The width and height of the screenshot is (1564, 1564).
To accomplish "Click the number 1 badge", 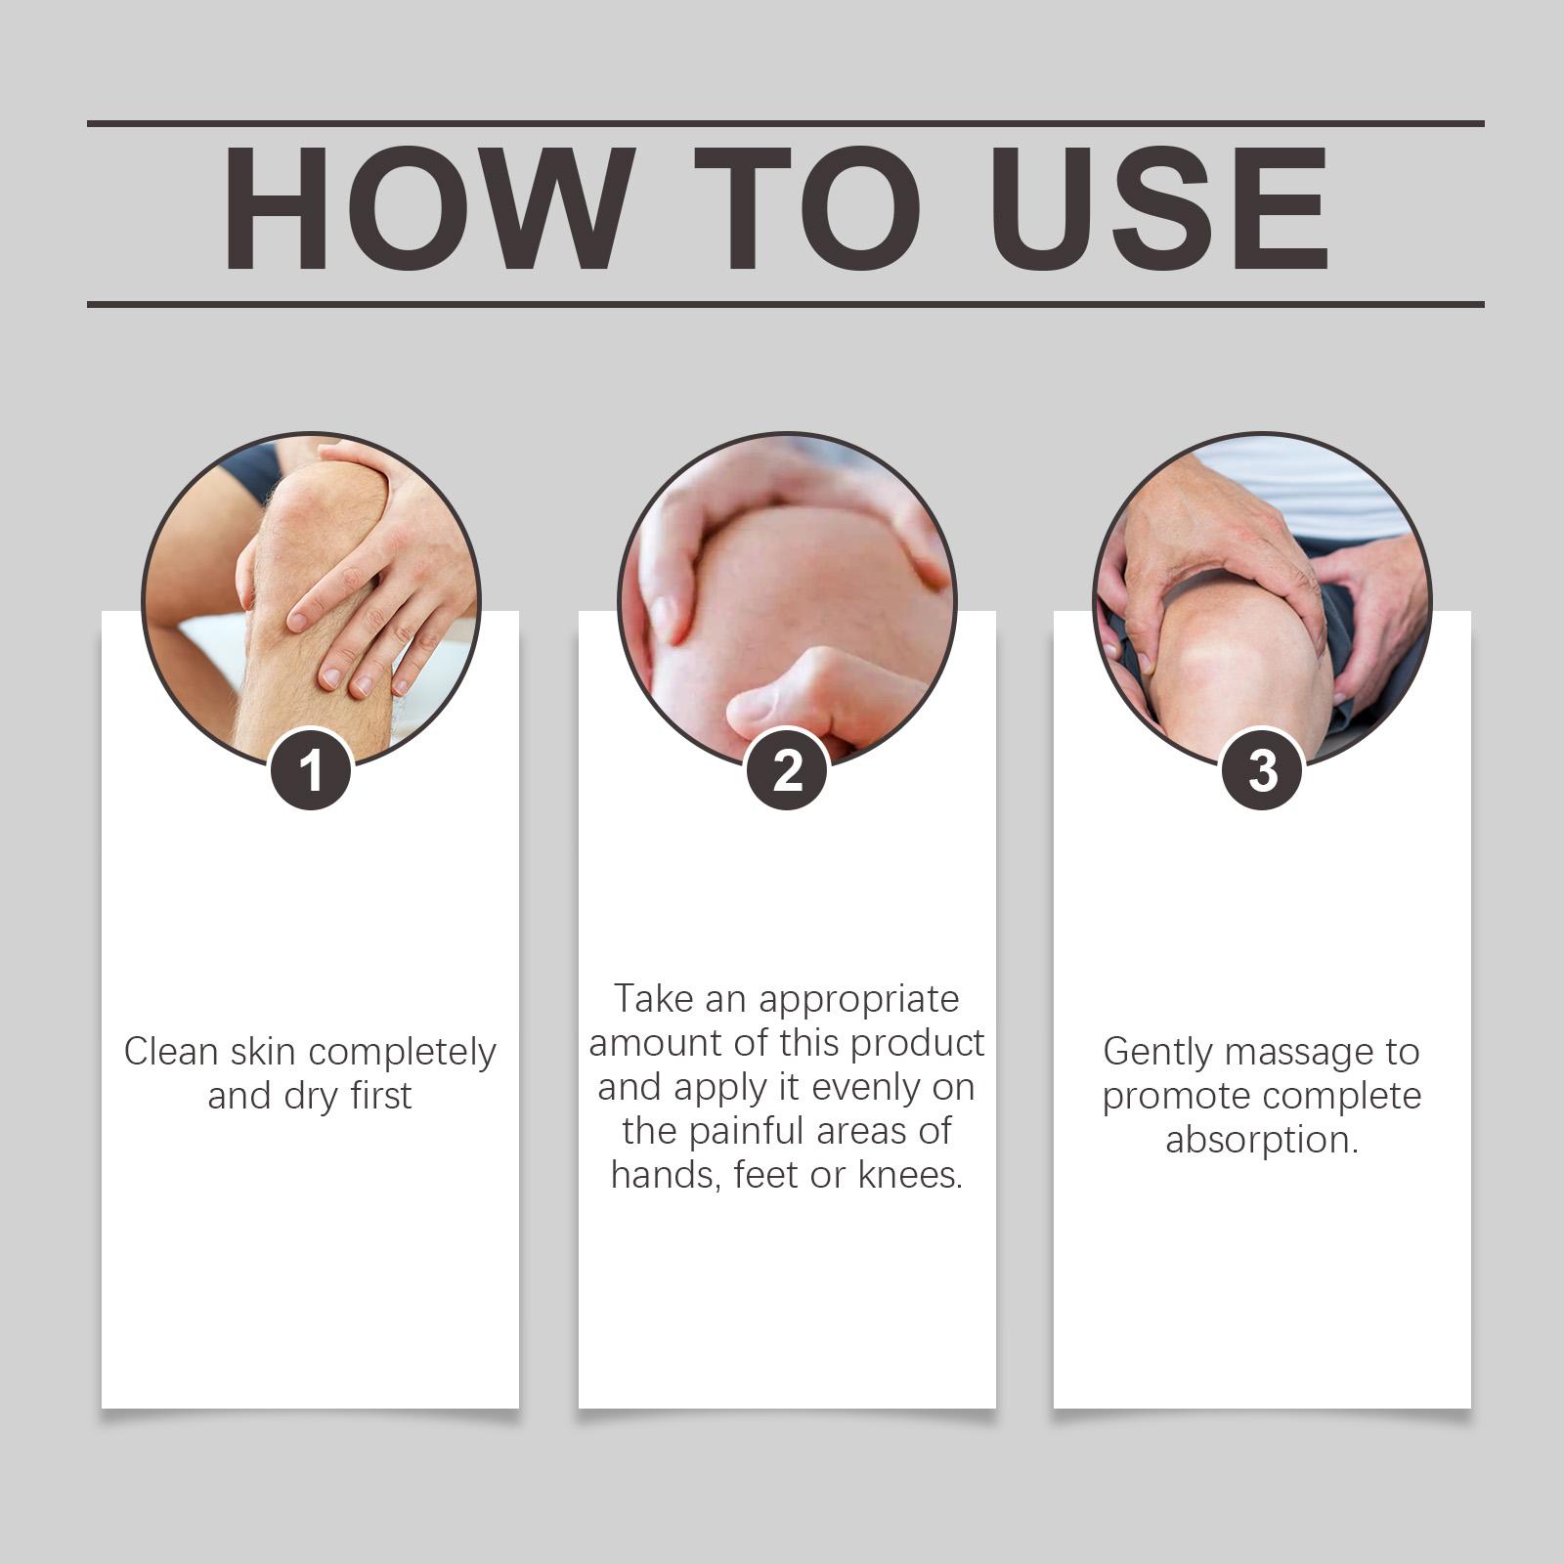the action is (311, 769).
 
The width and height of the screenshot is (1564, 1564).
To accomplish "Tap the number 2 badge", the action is (787, 769).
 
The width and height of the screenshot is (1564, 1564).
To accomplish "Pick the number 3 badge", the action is (1263, 769).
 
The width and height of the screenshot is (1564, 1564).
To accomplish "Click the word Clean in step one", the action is (172, 1052).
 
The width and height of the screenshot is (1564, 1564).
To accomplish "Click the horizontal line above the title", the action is (786, 124).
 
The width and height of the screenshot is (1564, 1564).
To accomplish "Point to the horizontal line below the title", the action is (786, 304).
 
